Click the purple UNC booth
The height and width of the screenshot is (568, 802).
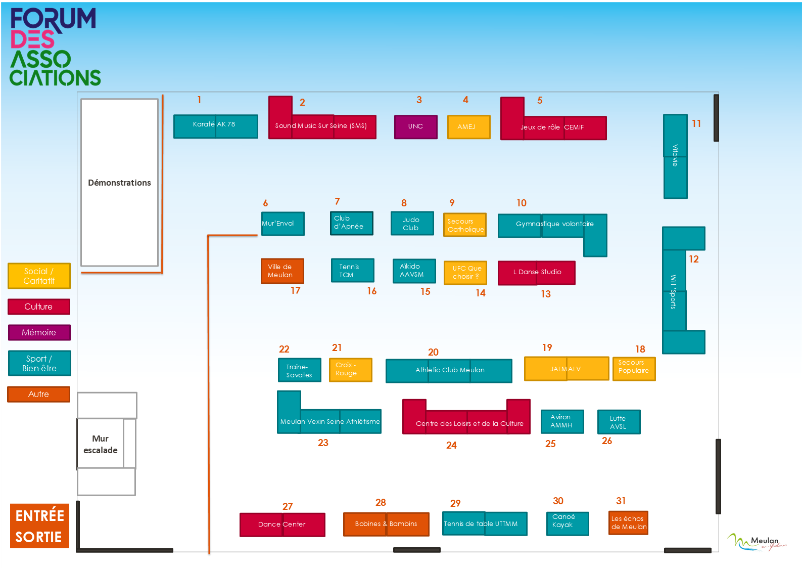415,126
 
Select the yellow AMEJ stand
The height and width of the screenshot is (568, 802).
468,127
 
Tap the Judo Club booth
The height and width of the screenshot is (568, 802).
412,223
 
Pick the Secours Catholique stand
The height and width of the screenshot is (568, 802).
465,225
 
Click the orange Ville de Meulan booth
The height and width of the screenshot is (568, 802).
282,271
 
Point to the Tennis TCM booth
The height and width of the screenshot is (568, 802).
352,270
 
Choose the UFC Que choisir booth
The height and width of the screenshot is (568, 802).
465,272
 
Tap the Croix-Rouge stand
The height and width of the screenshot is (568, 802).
351,370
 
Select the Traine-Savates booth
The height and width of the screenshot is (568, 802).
299,370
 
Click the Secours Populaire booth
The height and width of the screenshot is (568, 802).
634,369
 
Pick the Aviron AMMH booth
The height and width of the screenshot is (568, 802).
562,421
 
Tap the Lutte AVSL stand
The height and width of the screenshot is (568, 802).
619,422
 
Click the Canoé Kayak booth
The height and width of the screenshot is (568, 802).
568,523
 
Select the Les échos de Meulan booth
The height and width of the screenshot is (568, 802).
628,523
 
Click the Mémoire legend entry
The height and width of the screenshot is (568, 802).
39,332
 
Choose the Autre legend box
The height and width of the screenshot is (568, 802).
39,394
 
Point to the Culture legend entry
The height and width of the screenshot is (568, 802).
39,307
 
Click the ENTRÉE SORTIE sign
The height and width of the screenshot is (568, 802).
39,526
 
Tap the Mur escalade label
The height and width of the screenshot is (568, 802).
100,445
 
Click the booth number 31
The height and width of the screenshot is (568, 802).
621,501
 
